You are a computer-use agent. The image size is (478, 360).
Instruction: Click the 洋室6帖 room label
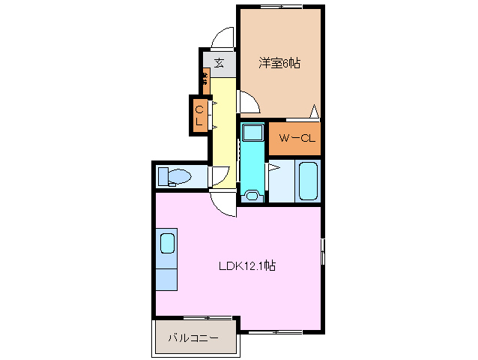click(279, 64)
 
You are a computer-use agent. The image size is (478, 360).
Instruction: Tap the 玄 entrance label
click(219, 62)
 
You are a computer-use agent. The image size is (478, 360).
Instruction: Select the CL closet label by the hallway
click(199, 116)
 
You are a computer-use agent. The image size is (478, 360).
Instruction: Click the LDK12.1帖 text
click(246, 265)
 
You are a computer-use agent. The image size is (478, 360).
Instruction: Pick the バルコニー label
click(193, 338)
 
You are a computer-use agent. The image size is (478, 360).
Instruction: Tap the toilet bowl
click(177, 177)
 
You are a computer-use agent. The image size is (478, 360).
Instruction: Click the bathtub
click(308, 181)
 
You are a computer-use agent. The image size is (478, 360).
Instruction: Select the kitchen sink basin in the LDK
click(167, 244)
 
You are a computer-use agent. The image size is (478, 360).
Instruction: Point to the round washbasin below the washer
click(252, 196)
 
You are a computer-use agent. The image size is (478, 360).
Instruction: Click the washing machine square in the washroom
click(252, 133)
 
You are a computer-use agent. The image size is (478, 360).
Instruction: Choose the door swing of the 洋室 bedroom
click(249, 100)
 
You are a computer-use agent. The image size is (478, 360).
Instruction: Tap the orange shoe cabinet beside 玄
click(205, 77)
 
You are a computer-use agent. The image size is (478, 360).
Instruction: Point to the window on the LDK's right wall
click(323, 251)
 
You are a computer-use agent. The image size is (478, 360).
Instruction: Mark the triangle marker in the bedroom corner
click(315, 112)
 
